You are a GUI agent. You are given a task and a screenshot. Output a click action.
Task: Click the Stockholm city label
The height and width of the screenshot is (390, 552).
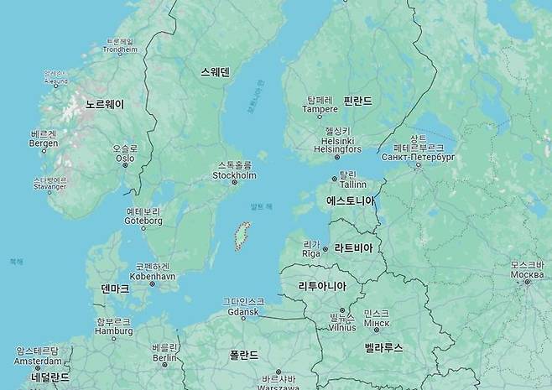coord(234,175)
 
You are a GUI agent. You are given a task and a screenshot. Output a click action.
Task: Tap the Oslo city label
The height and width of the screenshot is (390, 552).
coord(125,157)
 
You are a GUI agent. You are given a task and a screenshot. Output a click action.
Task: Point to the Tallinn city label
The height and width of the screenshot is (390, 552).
coord(353,184)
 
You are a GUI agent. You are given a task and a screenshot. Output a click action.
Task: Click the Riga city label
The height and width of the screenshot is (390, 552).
coord(311,252)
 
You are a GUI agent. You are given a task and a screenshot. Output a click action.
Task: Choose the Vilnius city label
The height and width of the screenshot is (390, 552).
coord(341,327)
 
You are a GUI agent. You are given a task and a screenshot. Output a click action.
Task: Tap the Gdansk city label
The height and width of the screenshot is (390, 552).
coord(243,312)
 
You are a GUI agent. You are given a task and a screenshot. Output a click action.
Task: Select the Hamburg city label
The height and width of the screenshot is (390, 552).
coord(114,330)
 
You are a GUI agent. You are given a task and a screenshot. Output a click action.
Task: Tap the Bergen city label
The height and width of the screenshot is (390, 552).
coord(43,143)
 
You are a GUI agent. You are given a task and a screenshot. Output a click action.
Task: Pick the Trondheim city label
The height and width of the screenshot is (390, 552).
coord(120,49)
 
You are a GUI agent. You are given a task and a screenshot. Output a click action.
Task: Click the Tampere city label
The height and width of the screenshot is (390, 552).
coord(320,108)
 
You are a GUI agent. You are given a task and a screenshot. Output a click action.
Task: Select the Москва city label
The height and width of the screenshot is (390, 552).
coord(527,275)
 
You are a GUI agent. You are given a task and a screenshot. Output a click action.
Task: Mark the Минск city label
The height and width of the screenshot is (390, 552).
coord(377,323)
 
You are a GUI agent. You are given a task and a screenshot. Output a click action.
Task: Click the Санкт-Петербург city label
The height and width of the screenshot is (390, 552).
coord(418,157)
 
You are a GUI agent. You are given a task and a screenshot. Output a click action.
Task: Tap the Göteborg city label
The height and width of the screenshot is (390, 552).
coord(143,221)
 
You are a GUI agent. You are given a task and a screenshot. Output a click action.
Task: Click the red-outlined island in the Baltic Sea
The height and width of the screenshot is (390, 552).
coord(241,235)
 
